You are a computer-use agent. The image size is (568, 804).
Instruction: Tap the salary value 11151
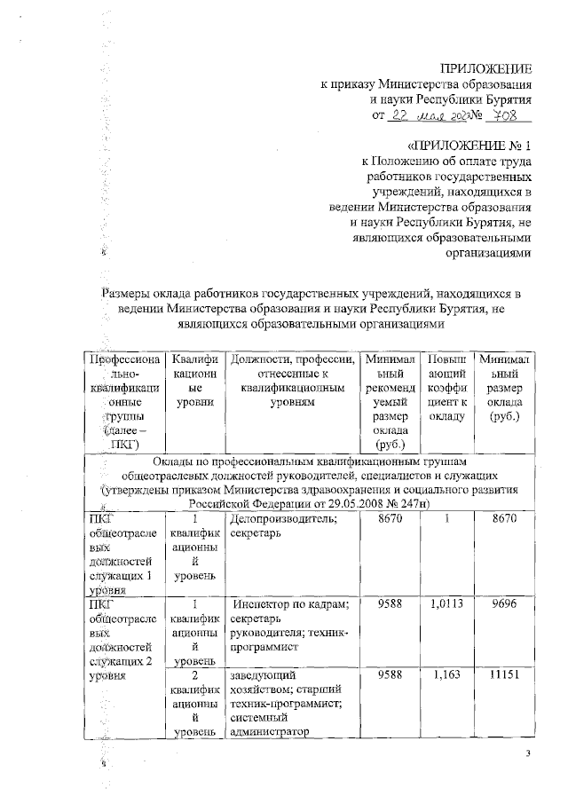(502, 675)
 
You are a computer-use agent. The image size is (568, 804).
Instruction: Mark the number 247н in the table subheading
(408, 503)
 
